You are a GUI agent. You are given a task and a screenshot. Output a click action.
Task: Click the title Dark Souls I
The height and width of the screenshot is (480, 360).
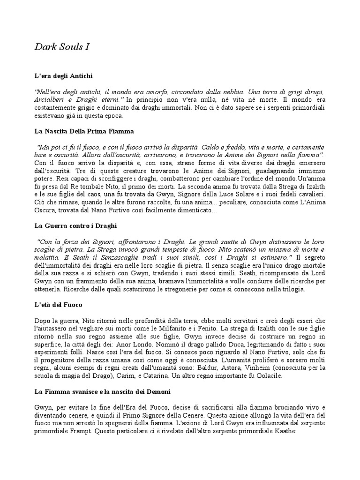(x=62, y=47)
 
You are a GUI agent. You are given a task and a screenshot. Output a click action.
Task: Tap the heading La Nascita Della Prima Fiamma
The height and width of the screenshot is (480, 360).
(x=84, y=131)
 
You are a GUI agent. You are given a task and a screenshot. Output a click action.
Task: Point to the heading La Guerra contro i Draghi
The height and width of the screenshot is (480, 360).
(x=75, y=225)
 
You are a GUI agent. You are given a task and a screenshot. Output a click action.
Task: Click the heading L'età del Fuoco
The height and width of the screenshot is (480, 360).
(x=58, y=305)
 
